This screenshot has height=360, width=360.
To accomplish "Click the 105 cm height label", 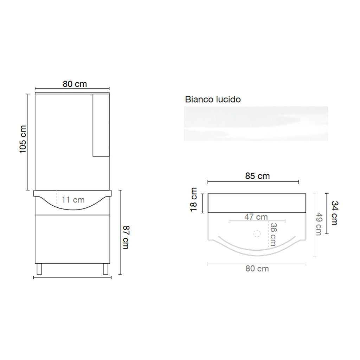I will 23,139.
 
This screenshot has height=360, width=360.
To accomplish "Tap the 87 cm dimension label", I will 126,238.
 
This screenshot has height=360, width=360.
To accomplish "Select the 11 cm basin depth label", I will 73,200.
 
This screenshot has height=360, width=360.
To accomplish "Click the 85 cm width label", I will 257,176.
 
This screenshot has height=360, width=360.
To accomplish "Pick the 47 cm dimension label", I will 256,217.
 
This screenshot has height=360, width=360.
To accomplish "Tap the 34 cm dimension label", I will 334,213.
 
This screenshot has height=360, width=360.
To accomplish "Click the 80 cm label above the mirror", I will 75,84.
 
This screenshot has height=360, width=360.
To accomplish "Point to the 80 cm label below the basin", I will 257,269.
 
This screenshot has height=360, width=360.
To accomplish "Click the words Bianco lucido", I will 213,99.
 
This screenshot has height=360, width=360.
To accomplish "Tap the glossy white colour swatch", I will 256,124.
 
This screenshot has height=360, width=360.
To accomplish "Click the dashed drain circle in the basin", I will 257,233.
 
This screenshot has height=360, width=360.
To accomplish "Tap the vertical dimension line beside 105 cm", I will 28,142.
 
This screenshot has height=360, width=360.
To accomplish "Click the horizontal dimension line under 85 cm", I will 253,182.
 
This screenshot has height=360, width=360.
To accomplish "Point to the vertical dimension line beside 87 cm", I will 120,232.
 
